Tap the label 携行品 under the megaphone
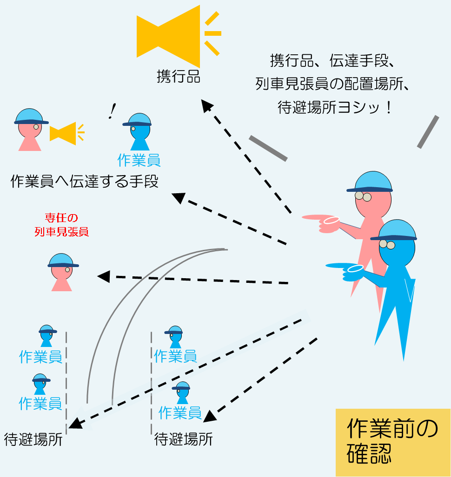pos(179,76)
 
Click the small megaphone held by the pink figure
pos(64,132)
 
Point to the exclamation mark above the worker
pos(112,110)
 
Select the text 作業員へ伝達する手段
pos(84,181)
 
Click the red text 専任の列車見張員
pos(61,225)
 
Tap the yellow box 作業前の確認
pos(393,442)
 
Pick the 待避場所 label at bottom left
pos(33,439)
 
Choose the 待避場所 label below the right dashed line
pos(183,439)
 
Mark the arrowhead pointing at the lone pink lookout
pos(104,277)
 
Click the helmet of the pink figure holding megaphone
pos(31,117)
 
